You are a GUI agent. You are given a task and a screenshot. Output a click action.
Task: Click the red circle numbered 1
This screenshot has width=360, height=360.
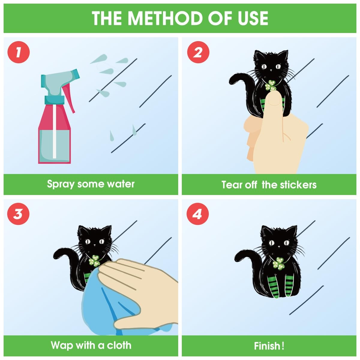19,52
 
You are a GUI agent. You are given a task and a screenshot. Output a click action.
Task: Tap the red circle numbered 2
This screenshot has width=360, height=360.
198,52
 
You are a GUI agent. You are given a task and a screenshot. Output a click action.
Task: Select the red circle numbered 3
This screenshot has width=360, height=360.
18,214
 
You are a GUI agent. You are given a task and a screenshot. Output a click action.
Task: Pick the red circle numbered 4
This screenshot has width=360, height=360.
198,214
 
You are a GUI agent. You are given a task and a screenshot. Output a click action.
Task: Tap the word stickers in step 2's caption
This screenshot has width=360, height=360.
298,185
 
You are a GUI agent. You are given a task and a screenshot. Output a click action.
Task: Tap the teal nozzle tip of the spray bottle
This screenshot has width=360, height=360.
76,74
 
